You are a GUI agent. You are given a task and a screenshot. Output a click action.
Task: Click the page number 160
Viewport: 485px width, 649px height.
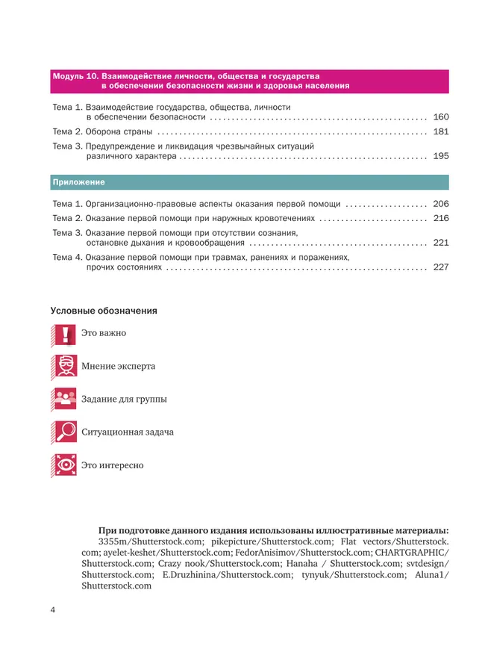(x=440, y=118)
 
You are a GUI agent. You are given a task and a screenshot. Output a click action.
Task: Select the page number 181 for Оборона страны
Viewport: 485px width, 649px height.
(x=440, y=132)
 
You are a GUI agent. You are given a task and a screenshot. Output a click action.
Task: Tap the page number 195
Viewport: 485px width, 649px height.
(x=440, y=158)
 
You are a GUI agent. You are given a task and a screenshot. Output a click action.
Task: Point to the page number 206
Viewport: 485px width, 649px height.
(x=440, y=204)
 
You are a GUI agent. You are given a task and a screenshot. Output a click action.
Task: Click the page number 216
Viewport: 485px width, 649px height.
(x=440, y=219)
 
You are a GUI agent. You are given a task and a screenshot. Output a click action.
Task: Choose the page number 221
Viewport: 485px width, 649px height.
(x=440, y=243)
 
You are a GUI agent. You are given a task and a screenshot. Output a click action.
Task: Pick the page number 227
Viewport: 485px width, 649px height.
(x=440, y=267)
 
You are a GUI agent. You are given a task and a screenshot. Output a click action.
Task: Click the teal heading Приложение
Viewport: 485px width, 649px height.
(x=78, y=182)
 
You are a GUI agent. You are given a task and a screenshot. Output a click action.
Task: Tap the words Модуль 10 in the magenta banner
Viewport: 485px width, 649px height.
(x=75, y=76)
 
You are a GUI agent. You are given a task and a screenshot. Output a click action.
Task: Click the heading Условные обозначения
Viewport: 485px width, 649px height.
(x=104, y=310)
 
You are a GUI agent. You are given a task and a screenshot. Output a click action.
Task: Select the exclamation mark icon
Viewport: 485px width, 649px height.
(x=66, y=334)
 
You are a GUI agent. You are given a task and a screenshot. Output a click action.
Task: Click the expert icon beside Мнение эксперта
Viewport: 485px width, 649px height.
(x=66, y=367)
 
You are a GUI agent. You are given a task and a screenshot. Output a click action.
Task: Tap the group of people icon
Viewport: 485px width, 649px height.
(x=66, y=400)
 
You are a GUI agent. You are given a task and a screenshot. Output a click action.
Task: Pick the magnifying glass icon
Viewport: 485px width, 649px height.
(x=66, y=432)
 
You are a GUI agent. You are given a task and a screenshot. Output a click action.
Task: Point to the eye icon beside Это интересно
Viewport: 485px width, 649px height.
(x=66, y=465)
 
